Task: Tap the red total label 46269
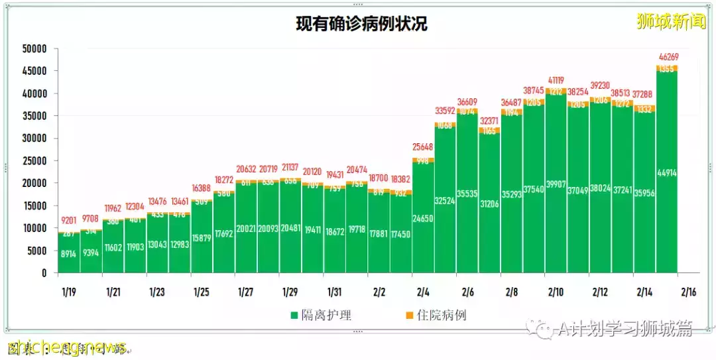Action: tap(667, 58)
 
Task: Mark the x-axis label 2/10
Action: tap(556, 292)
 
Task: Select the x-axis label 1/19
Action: tap(69, 292)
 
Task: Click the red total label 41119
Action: tap(556, 81)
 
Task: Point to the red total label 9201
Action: tap(69, 220)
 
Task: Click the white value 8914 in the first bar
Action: tap(69, 253)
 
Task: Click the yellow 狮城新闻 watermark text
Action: tap(672, 21)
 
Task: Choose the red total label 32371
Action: tap(490, 121)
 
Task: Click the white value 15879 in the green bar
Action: tap(202, 237)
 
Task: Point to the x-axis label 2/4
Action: tap(423, 292)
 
